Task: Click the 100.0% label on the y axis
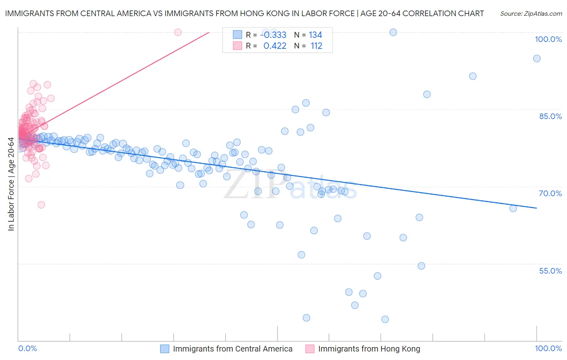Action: [548, 39]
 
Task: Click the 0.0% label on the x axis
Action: [27, 348]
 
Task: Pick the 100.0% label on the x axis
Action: [548, 348]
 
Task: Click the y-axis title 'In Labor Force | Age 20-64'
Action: [11, 184]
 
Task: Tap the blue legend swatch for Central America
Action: [165, 349]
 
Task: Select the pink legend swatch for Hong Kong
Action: [310, 349]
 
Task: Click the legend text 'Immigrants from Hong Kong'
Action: [369, 349]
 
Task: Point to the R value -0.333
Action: [273, 35]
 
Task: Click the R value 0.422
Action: [275, 46]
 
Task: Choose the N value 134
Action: [315, 35]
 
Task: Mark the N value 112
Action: [316, 46]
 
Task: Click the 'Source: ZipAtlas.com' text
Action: [531, 14]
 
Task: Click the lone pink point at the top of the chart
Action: [178, 32]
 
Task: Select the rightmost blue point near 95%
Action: [537, 59]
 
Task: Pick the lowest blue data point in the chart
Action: [385, 319]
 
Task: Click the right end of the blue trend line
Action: [537, 208]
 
